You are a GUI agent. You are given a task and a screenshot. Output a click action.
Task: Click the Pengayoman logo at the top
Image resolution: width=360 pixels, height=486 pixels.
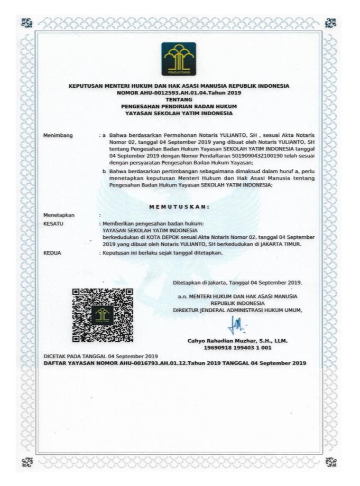point(179,58)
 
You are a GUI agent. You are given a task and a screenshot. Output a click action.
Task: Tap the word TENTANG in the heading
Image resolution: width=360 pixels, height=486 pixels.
point(179,99)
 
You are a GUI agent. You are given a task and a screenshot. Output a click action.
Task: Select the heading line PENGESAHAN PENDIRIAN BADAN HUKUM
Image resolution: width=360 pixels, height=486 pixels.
point(179,106)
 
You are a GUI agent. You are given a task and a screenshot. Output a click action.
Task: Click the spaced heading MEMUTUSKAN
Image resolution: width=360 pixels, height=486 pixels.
point(179,206)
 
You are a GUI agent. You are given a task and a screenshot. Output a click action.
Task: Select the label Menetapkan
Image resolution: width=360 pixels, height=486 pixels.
point(59,215)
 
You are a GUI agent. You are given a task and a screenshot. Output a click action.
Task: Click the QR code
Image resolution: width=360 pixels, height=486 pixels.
point(103,314)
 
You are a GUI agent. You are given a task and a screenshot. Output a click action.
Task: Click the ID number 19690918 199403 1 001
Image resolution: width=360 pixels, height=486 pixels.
point(237,348)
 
